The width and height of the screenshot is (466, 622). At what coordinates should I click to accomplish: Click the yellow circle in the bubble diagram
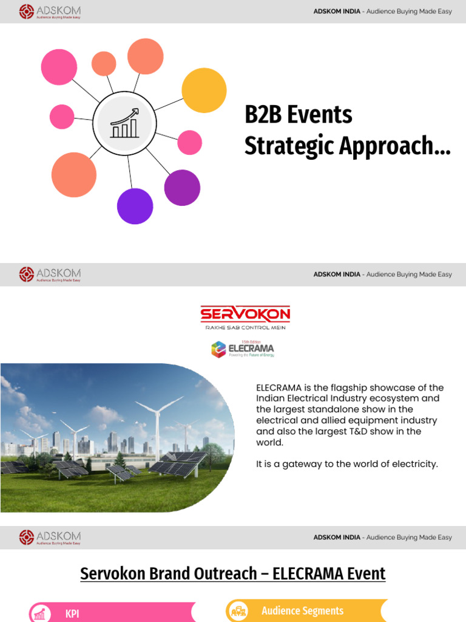tap(204, 91)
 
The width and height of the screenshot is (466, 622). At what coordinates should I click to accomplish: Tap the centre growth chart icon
tap(124, 123)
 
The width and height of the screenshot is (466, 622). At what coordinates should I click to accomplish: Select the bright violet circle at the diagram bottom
tap(135, 206)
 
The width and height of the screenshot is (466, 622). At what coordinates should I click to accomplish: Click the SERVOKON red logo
tap(245, 314)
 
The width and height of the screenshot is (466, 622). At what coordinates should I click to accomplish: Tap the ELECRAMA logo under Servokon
tap(243, 349)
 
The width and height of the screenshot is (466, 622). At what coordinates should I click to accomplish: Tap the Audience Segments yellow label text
tap(302, 611)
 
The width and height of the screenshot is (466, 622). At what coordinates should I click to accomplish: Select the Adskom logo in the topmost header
tap(50, 12)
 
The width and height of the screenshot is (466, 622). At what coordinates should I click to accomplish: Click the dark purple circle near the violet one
tap(182, 188)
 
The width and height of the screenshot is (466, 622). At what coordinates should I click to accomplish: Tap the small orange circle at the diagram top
tap(104, 64)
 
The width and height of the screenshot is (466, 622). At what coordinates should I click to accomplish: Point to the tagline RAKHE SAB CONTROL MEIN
tap(245, 328)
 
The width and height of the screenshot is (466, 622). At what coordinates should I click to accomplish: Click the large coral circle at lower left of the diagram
tap(74, 175)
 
